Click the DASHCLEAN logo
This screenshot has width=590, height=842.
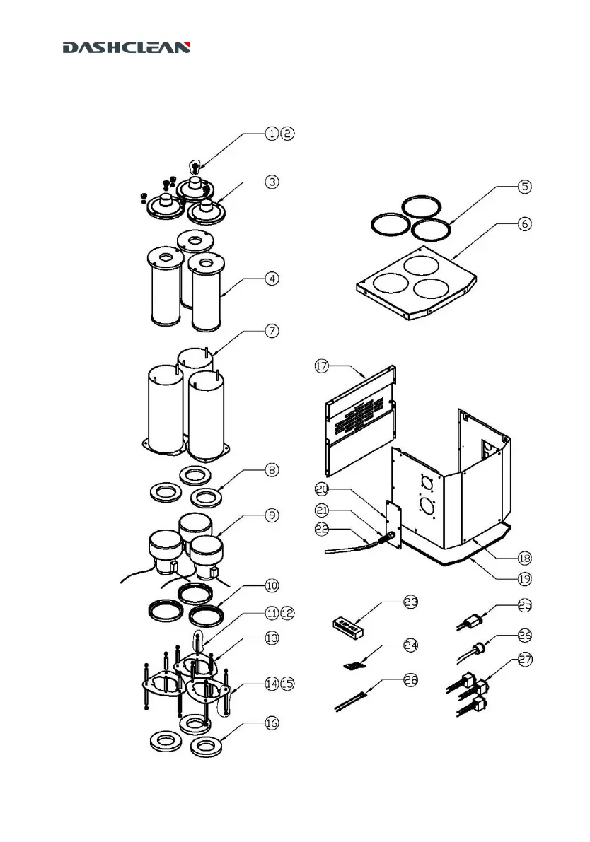[x=126, y=47]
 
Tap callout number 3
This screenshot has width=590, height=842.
[x=272, y=182]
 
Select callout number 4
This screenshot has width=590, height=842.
[x=272, y=278]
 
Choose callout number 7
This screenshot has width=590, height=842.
[x=272, y=330]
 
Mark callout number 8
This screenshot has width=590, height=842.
[x=272, y=469]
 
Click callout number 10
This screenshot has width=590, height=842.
[x=272, y=585]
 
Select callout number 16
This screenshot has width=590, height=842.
[x=272, y=723]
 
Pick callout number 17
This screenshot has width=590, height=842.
[x=322, y=366]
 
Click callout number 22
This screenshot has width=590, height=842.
[x=322, y=529]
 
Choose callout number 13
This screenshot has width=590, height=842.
[x=272, y=637]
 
